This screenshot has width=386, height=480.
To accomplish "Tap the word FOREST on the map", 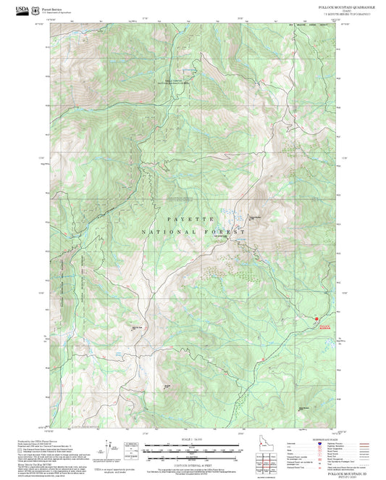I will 225,232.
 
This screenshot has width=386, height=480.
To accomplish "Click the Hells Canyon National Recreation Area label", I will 174,82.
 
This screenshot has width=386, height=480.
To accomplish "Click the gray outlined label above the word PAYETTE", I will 182,198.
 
